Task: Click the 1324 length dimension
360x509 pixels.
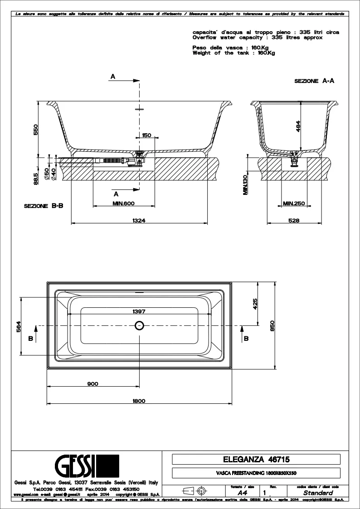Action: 139,220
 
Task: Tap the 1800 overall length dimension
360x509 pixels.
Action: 139,400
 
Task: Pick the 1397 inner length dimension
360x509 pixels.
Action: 139,311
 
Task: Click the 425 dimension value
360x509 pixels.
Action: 255,303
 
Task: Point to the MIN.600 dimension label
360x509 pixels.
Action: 124,203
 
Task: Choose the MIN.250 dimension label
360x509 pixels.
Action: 294,203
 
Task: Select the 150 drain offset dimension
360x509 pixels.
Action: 146,135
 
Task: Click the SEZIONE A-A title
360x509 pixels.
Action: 314,81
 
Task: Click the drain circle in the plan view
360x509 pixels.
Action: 139,325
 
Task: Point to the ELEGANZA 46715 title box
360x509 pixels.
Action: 256,459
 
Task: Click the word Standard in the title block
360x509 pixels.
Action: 318,493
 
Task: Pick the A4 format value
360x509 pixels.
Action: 243,493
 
